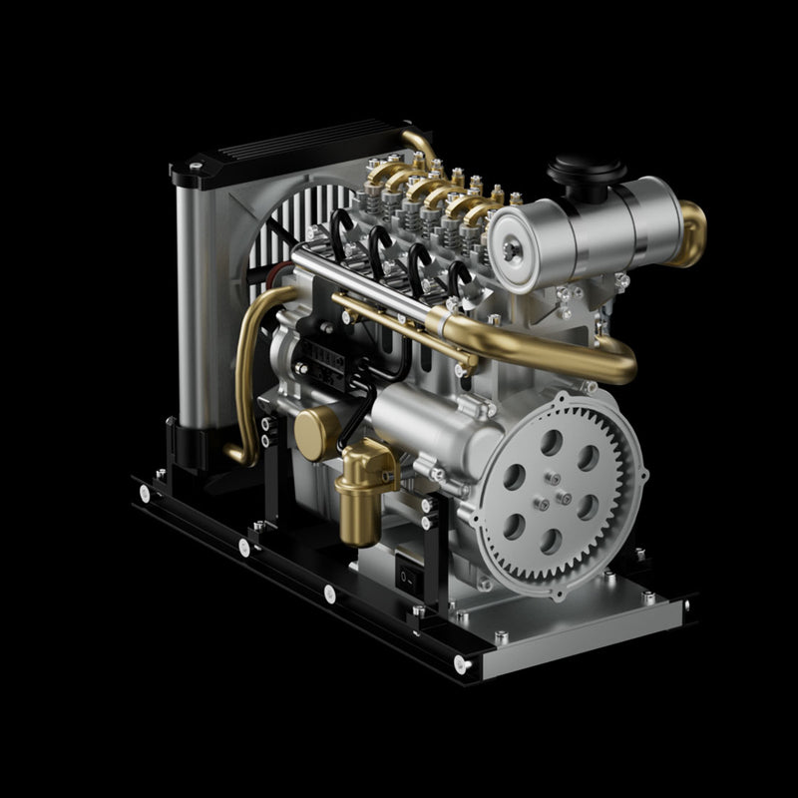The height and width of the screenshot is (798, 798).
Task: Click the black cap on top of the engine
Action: (x=587, y=172)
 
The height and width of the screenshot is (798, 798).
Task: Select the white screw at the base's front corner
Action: (x=460, y=662)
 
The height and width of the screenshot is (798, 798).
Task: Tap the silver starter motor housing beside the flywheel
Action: (x=419, y=419)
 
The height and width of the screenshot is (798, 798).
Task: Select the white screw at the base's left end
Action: (x=146, y=493)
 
